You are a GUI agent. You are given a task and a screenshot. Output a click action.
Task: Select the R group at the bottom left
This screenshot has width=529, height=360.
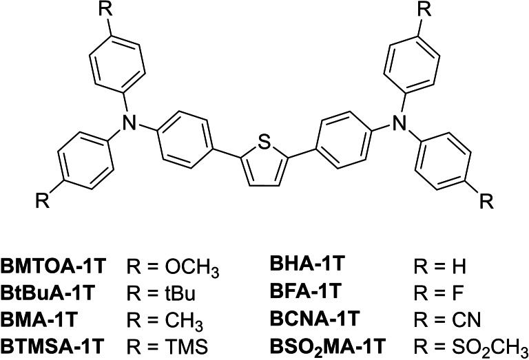pos(42,204)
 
